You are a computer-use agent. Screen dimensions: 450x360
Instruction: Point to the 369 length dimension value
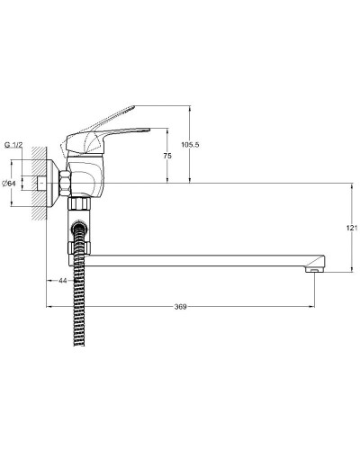(x=180, y=308)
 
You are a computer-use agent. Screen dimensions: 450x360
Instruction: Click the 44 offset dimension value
(x=63, y=282)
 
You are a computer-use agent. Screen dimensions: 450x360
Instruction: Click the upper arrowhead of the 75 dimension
(x=167, y=131)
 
